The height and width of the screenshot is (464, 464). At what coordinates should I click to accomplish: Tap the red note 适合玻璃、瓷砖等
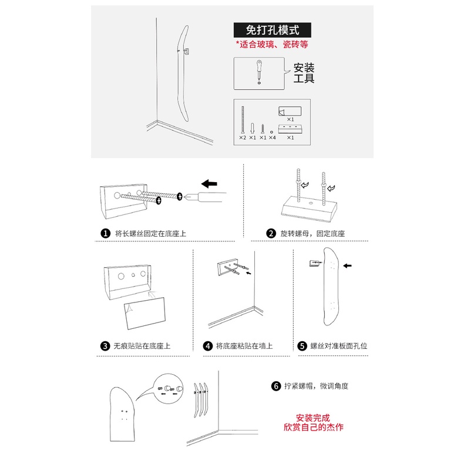[x=272, y=44]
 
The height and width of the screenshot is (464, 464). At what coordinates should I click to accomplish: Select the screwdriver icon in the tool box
[x=258, y=72]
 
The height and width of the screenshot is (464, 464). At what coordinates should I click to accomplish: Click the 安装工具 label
[x=304, y=73]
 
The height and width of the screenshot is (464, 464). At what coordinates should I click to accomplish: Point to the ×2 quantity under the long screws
[x=243, y=138]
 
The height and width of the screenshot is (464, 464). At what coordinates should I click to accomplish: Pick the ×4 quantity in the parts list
[x=272, y=138]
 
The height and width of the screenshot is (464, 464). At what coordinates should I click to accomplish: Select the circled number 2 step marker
[x=271, y=233]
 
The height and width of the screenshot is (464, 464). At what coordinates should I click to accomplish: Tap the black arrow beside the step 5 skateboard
[x=348, y=266]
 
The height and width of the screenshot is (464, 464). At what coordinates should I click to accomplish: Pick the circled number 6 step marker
[x=275, y=386]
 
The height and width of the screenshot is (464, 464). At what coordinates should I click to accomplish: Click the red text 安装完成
[x=313, y=418]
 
